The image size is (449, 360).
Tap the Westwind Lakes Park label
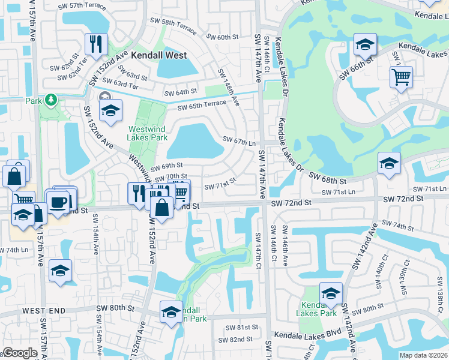[x=147, y=133]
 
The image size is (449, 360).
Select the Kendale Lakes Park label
[x=319, y=308]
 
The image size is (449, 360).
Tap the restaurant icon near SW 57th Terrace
[x=96, y=44]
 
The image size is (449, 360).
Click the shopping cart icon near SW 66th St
[x=401, y=77]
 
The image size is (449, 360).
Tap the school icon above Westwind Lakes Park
[x=110, y=111]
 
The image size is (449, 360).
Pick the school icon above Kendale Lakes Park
[x=331, y=293]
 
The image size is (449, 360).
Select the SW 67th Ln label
[x=240, y=141]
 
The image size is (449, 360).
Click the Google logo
[x=20, y=353]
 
